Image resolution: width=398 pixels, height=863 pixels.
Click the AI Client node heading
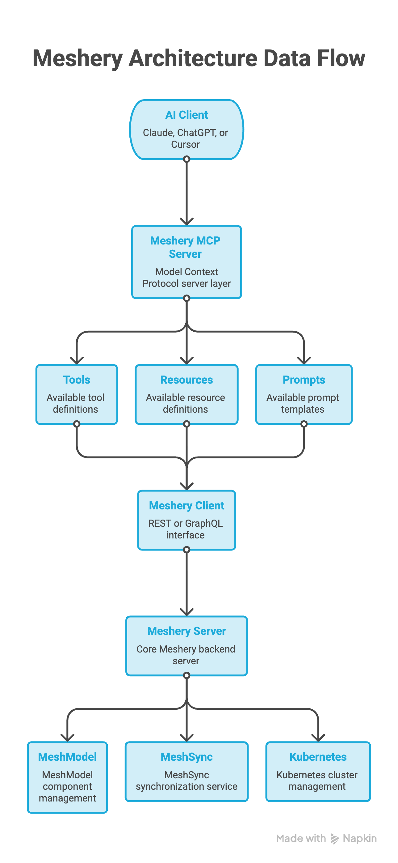pyautogui.click(x=186, y=115)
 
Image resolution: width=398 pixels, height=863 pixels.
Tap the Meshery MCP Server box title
pyautogui.click(x=185, y=247)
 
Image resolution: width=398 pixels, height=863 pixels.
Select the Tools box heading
pyautogui.click(x=77, y=380)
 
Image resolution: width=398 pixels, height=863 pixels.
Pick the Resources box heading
pyautogui.click(x=186, y=380)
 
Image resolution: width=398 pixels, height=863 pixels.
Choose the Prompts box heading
pyautogui.click(x=304, y=380)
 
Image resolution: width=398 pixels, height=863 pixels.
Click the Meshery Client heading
pyautogui.click(x=186, y=506)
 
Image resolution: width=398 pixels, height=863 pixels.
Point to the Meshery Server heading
pyautogui.click(x=186, y=631)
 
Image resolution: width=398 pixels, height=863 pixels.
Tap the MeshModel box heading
pyautogui.click(x=67, y=757)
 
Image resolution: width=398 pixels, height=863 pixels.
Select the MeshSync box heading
pyautogui.click(x=186, y=757)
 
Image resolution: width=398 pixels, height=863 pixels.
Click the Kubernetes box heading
pyautogui.click(x=318, y=757)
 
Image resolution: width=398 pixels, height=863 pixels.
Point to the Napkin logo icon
pyautogui.click(x=335, y=839)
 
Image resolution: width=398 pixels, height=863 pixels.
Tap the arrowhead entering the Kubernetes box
pyautogui.click(x=318, y=738)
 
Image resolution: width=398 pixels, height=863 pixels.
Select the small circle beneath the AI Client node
pyautogui.click(x=186, y=159)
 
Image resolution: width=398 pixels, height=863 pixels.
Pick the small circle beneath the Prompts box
pyautogui.click(x=304, y=424)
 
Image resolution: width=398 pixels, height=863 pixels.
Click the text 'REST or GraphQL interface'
pyautogui.click(x=186, y=529)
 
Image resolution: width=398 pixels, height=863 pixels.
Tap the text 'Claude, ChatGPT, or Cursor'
pyautogui.click(x=186, y=139)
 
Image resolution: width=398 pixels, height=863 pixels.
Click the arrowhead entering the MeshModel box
pyautogui.click(x=67, y=738)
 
